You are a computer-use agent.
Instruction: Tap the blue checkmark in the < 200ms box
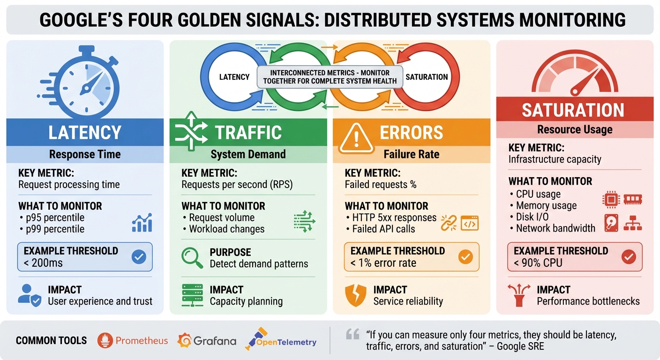(x=139, y=256)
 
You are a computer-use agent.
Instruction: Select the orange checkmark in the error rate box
(x=465, y=256)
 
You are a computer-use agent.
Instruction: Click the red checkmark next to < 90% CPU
(x=628, y=256)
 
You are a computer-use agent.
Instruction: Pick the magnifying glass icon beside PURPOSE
(x=192, y=258)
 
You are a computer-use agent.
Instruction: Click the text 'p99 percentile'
(x=55, y=229)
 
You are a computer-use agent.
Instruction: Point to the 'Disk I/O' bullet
(x=532, y=217)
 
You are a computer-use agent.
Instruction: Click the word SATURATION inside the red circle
(x=426, y=77)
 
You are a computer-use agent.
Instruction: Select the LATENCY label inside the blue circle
(x=234, y=77)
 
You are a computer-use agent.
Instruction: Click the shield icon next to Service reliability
(x=355, y=295)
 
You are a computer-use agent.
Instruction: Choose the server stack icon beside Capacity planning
(x=192, y=295)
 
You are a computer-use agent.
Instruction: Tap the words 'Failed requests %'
(x=380, y=185)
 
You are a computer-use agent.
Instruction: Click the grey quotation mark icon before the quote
(x=352, y=334)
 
